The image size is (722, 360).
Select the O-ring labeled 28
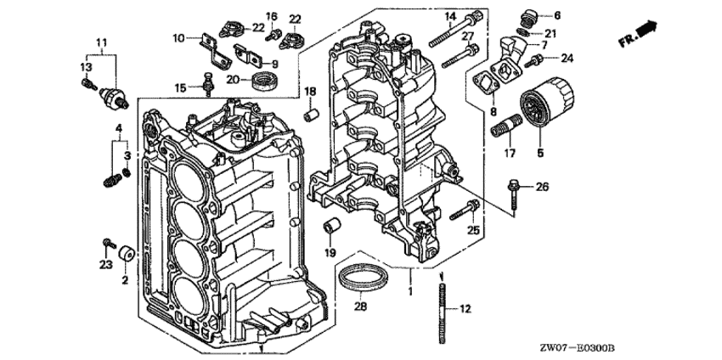coord(364,278)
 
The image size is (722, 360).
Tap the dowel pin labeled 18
coord(311,112)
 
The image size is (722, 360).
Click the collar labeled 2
coord(128,253)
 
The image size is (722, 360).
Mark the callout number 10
coord(178,38)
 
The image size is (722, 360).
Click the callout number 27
coord(466,36)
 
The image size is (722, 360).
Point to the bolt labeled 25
coord(464,208)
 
